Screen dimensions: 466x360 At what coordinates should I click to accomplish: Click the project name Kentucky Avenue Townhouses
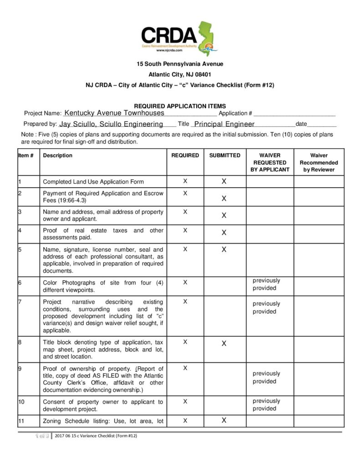[x=113, y=112]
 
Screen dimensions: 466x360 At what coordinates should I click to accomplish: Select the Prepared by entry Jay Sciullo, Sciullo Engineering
[x=111, y=124]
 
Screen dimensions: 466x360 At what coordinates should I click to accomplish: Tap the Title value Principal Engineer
[x=224, y=124]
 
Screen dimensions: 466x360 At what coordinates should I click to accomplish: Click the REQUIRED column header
[x=185, y=155]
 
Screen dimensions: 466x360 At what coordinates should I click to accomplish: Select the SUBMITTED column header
[x=224, y=155]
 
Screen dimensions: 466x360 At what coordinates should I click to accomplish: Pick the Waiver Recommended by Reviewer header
[x=319, y=162]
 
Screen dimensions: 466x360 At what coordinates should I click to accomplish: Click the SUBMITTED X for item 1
[x=224, y=181]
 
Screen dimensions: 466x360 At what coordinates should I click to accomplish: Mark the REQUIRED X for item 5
[x=185, y=249]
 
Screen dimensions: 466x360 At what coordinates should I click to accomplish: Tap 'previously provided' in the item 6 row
[x=266, y=284]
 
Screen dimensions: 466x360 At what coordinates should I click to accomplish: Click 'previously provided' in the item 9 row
[x=266, y=377]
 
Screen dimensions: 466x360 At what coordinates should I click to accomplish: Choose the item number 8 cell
[x=28, y=349]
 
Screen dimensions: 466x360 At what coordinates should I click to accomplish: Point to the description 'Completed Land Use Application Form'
[x=93, y=182]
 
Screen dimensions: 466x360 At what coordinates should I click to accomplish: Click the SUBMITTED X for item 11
[x=224, y=420]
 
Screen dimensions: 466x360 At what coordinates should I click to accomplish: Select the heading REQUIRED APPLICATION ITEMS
[x=180, y=106]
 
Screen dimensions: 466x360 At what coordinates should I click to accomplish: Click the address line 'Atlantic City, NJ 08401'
[x=180, y=74]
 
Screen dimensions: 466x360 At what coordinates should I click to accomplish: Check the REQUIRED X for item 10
[x=185, y=401]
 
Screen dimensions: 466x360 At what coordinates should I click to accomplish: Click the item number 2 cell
[x=28, y=197]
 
